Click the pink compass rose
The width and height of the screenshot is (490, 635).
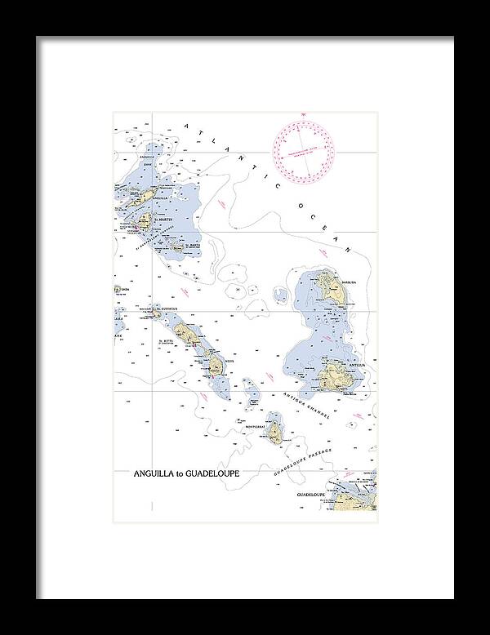305,147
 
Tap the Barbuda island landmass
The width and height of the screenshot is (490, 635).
331,285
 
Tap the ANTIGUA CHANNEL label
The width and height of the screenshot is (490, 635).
306,406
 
